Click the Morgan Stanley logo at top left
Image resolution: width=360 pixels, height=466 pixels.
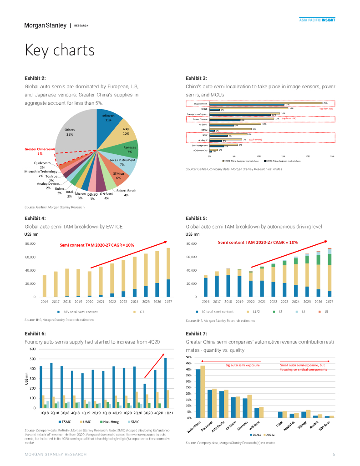click(45, 25)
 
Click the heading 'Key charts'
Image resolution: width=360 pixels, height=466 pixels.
click(59, 50)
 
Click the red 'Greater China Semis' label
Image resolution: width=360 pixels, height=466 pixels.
click(40, 149)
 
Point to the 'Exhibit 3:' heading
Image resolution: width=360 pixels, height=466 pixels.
click(196, 78)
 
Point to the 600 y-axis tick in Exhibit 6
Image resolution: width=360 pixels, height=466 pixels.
click(32, 349)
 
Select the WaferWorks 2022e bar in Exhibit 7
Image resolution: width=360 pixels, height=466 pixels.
click(203, 391)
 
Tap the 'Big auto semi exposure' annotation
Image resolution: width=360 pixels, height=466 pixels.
click(243, 365)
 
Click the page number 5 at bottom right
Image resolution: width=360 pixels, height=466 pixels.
click(334, 454)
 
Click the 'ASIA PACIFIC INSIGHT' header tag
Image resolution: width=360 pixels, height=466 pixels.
click(317, 20)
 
